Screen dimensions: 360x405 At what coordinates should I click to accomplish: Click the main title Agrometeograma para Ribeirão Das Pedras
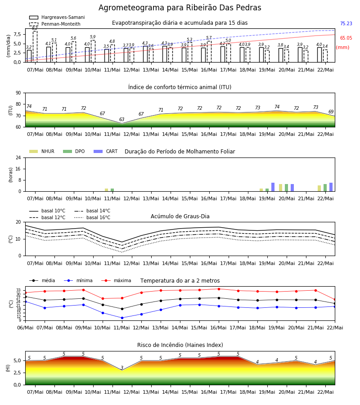(180, 8)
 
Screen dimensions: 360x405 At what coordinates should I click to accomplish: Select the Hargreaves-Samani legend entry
(57, 17)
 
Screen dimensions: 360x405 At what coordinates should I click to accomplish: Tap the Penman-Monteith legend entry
(55, 24)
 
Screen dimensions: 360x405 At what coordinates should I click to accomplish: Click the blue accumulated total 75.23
(346, 23)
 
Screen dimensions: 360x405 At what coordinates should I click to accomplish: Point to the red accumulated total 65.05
(346, 38)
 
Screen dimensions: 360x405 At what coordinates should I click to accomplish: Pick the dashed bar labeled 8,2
(35, 46)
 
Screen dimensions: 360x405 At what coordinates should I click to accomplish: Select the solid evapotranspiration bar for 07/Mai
(29, 56)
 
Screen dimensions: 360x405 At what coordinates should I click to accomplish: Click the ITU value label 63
(121, 119)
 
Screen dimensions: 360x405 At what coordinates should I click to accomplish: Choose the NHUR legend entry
(42, 151)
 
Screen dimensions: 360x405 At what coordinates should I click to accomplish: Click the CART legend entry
(106, 151)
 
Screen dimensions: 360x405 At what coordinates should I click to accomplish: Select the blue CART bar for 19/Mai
(273, 187)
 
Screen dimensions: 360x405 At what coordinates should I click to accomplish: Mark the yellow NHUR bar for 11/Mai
(106, 190)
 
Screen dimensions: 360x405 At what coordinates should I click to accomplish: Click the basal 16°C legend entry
(92, 217)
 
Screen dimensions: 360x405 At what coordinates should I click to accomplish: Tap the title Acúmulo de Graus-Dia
(180, 216)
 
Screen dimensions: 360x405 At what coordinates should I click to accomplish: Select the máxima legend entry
(116, 280)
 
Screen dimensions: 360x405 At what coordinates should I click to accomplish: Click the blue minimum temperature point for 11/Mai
(122, 318)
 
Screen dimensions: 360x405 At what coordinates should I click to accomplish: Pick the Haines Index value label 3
(122, 368)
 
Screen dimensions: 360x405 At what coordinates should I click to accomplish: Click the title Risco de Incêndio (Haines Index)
(180, 345)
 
